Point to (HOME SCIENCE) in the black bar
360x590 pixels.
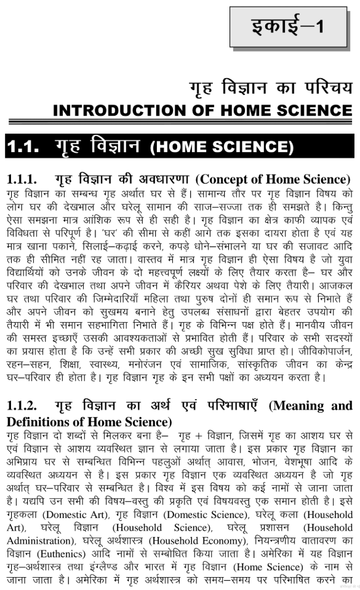coord(222,148)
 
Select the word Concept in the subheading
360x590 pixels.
coord(226,179)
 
